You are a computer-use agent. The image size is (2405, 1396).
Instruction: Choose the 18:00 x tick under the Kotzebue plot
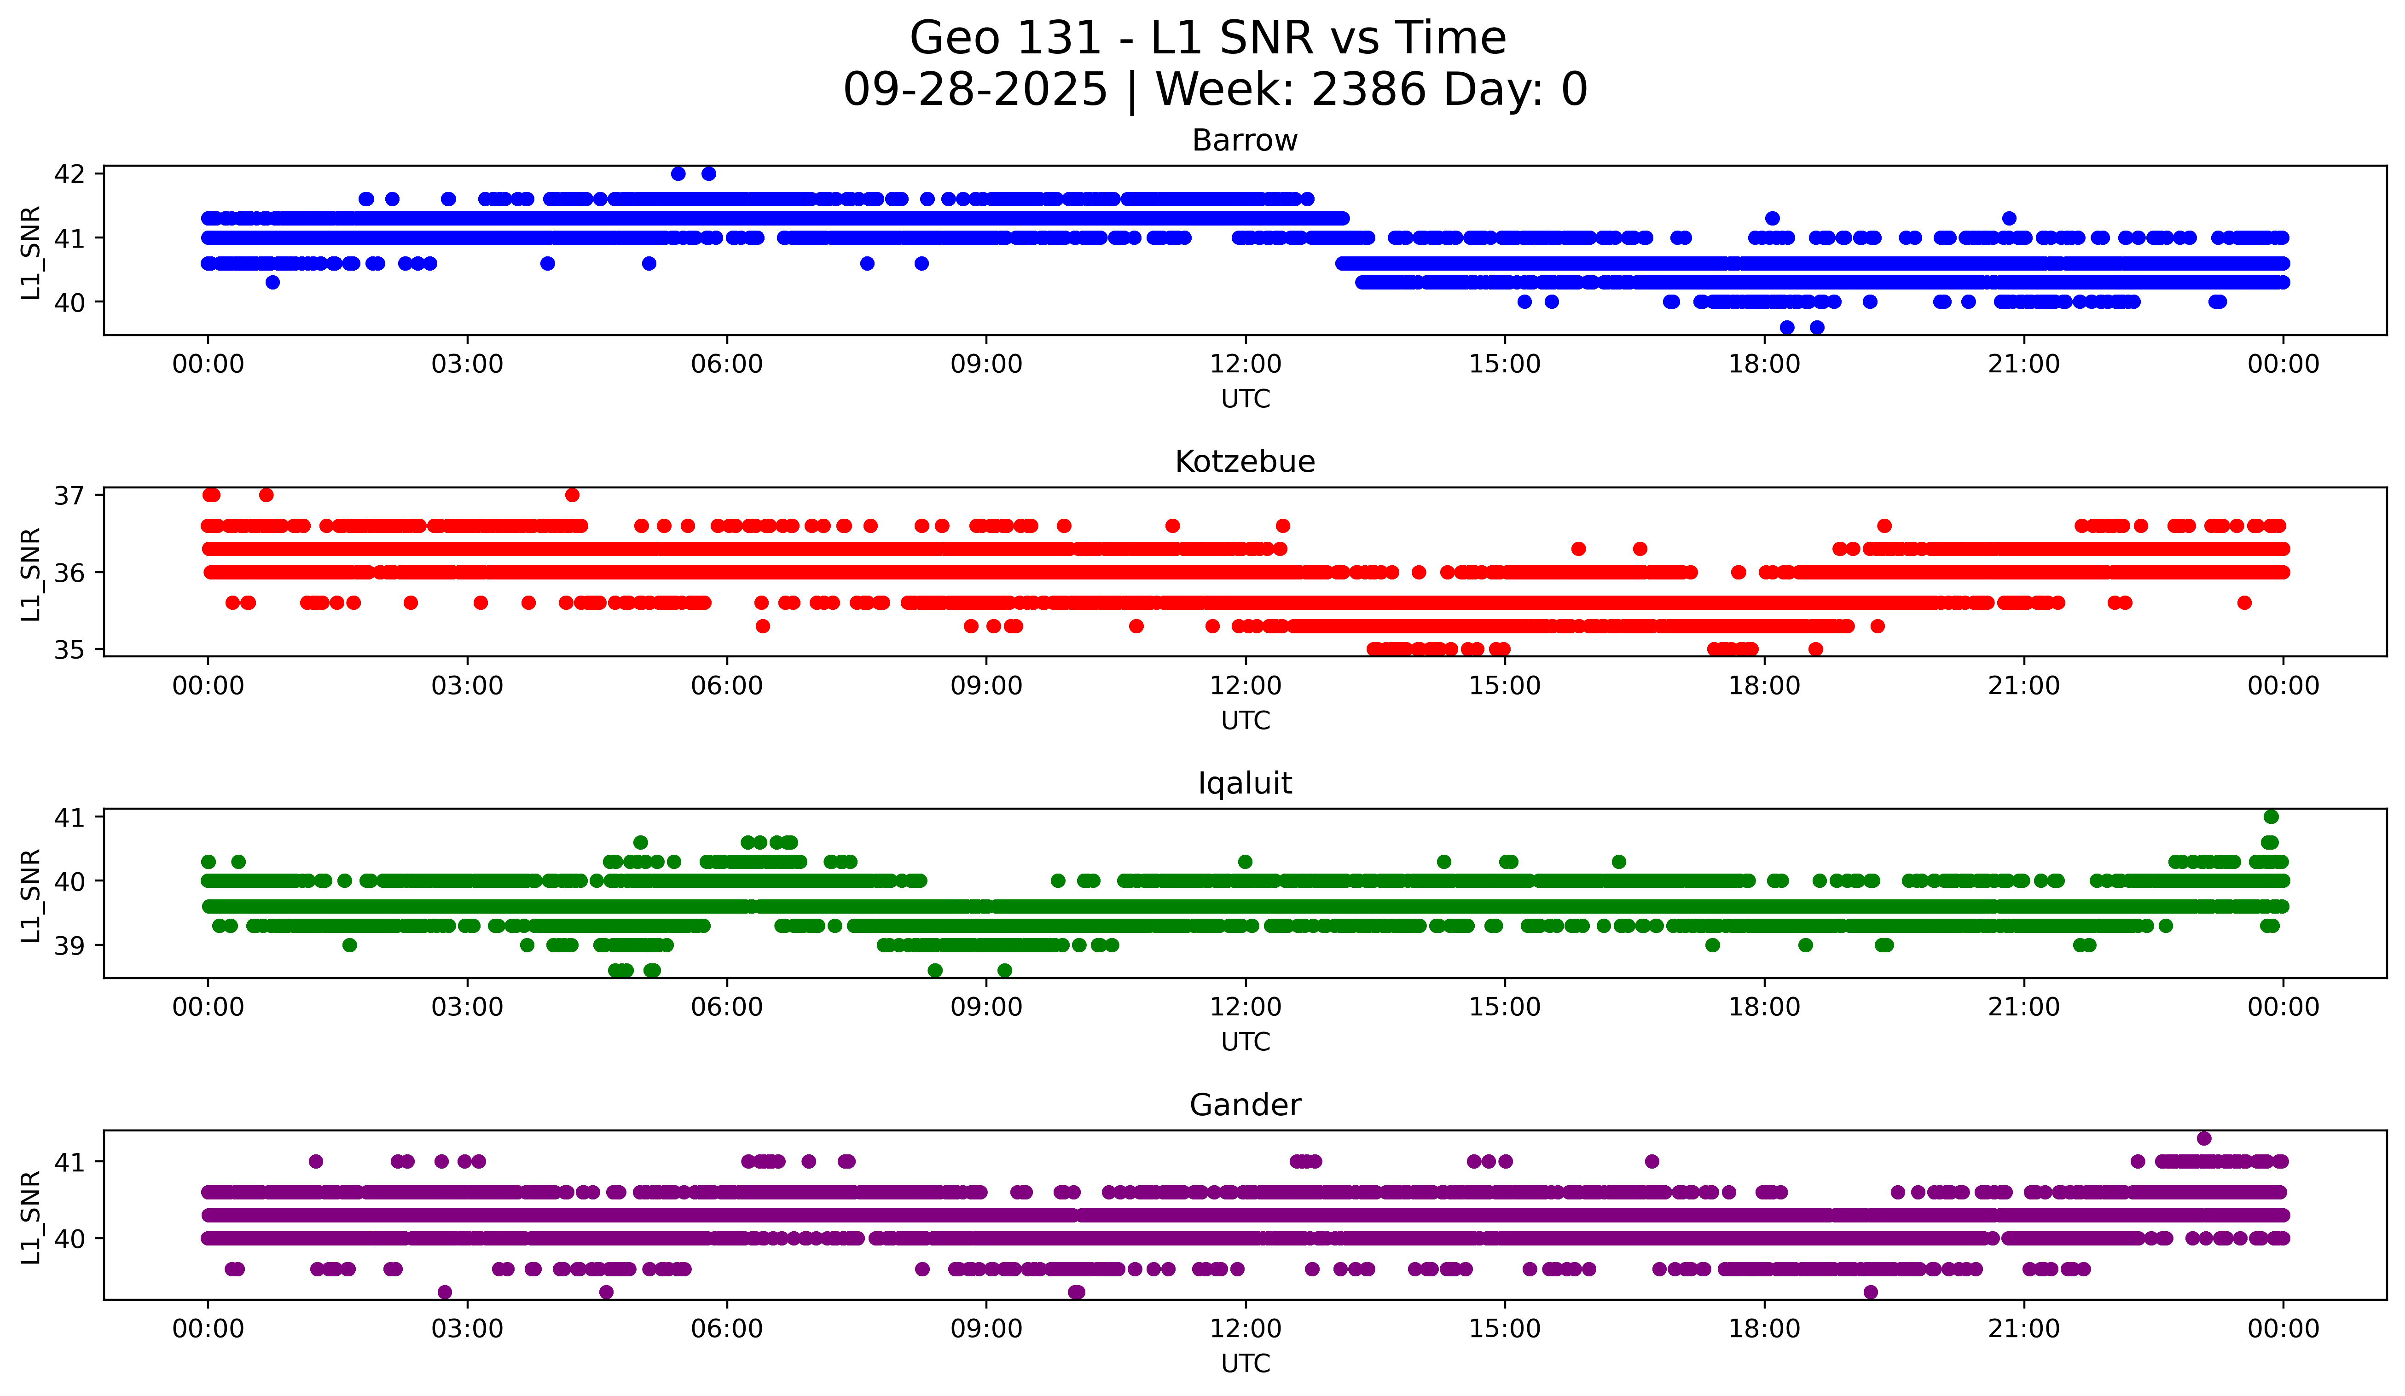(x=1764, y=686)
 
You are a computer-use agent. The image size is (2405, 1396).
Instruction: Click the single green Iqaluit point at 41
(x=2271, y=817)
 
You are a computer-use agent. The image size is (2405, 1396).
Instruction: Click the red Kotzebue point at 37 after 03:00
(x=572, y=495)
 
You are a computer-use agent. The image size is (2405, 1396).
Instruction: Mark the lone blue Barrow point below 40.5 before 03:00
(x=272, y=283)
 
